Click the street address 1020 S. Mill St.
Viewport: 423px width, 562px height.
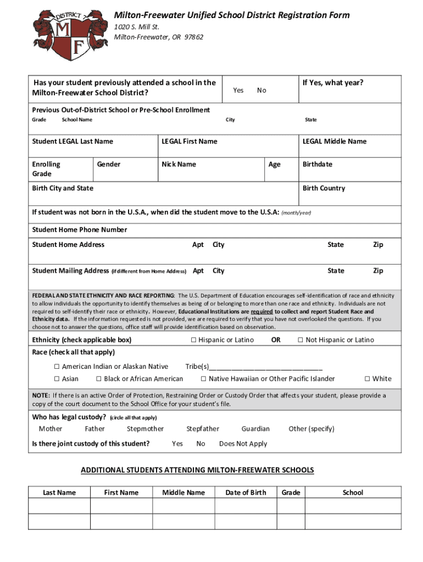point(137,27)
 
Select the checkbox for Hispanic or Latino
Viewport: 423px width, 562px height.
point(193,340)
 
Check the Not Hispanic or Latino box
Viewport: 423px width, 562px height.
point(300,340)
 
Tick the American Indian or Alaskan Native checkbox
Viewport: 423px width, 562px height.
point(57,367)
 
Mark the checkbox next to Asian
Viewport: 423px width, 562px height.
point(57,379)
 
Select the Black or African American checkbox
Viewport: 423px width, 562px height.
point(99,379)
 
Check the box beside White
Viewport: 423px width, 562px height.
point(368,379)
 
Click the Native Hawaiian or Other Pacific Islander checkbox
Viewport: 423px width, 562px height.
point(203,379)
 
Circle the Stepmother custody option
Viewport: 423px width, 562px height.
point(145,429)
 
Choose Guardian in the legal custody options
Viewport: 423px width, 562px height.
point(255,429)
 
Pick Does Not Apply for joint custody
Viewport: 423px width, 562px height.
point(243,443)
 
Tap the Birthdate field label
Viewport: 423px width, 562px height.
point(318,164)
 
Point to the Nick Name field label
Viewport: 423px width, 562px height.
point(179,164)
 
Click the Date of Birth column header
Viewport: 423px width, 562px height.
point(246,492)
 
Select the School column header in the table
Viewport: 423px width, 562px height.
point(353,492)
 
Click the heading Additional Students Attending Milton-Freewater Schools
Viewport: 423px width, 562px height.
point(197,470)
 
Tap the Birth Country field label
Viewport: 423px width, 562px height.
point(324,188)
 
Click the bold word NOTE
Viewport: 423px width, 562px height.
point(41,395)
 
